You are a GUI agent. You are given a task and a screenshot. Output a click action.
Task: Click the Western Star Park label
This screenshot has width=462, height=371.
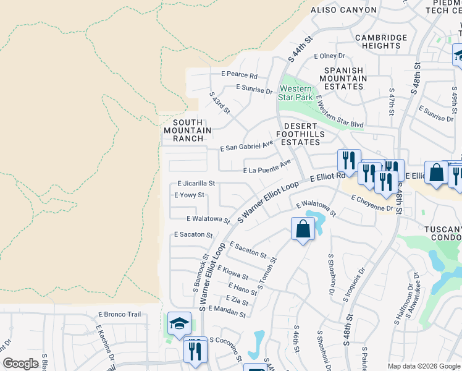tap(296, 93)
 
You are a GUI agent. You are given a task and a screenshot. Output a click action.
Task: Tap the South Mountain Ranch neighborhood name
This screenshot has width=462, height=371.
tap(188, 130)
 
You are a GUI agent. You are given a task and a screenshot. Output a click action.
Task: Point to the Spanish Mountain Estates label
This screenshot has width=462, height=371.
tap(351, 79)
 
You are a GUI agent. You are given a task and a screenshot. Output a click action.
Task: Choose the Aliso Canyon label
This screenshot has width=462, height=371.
tap(343, 10)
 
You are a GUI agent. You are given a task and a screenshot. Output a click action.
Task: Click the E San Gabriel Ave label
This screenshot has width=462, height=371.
tap(246, 148)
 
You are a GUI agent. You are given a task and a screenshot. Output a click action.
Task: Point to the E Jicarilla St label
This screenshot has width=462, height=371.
tap(196, 184)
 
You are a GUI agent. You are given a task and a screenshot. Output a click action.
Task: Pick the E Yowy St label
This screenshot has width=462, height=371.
tap(189, 195)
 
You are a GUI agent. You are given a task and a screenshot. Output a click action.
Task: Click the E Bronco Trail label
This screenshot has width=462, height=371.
tap(119, 314)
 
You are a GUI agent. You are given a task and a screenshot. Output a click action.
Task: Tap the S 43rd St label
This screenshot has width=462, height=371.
tap(220, 104)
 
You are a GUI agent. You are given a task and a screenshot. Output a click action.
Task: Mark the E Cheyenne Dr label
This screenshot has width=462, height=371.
tap(372, 203)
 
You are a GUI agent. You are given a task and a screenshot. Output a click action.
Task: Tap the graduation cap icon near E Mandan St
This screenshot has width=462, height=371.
tap(179, 323)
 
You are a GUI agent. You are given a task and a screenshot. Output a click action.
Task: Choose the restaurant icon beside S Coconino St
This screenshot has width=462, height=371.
tap(196, 349)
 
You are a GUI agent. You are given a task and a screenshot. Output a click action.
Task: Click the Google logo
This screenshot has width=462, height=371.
tap(20, 364)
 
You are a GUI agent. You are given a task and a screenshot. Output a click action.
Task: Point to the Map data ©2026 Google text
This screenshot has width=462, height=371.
tap(423, 366)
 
